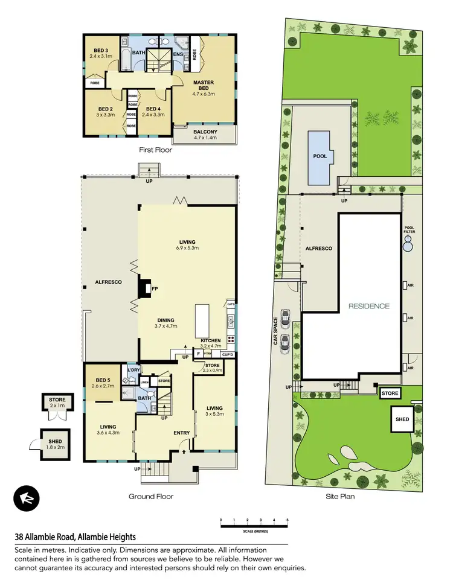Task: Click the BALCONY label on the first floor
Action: [x=206, y=132]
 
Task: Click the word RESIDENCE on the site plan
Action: [x=368, y=306]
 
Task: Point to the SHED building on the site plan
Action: [x=402, y=419]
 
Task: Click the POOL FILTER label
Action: [x=410, y=230]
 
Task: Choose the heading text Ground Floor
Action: [x=151, y=497]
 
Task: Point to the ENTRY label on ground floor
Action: [x=182, y=433]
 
